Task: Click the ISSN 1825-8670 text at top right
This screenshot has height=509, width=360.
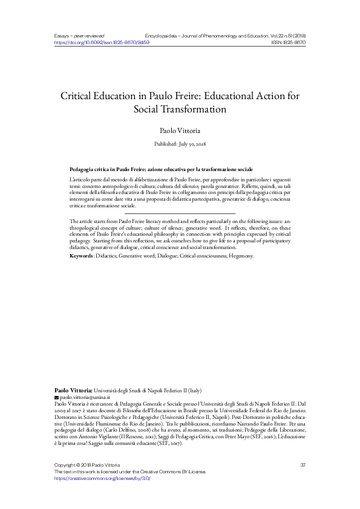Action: click(288, 43)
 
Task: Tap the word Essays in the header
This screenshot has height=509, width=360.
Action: click(62, 36)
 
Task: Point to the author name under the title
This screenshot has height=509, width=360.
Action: click(180, 130)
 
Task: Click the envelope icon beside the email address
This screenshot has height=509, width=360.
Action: click(57, 398)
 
